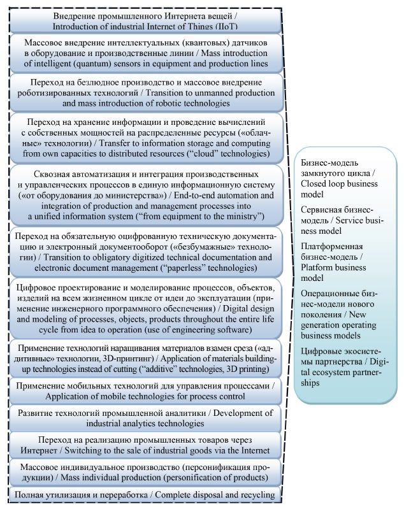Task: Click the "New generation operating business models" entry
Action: tap(341, 303)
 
